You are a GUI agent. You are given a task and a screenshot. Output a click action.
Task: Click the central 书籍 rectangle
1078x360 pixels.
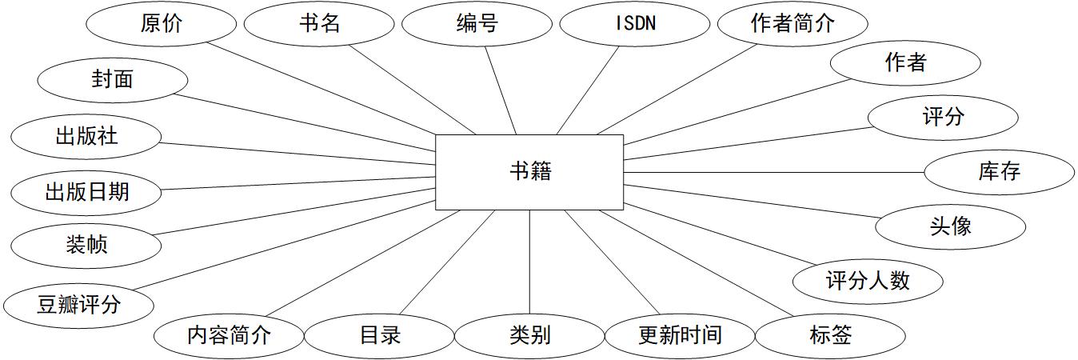529,172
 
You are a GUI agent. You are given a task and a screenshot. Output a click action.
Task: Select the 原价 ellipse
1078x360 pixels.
160,24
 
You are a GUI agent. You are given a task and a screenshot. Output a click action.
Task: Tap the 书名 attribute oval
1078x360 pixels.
317,24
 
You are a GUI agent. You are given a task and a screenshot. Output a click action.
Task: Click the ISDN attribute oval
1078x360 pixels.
634,24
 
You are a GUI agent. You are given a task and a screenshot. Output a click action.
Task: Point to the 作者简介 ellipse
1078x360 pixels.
792,24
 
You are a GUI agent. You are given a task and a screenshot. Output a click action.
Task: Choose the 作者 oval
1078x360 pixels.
905,62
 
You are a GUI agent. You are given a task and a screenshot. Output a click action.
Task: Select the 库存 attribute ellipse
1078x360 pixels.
999,171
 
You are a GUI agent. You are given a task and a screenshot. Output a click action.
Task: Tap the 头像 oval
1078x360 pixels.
950,226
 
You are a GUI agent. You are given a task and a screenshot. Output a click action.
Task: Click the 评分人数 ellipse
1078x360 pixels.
868,281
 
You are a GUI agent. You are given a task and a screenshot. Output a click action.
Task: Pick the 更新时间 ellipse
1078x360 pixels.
680,334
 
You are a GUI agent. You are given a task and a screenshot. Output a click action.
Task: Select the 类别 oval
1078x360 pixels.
529,334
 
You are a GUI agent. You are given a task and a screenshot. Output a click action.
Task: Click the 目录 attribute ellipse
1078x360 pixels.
379,334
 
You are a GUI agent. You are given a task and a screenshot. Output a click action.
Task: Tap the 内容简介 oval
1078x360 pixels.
229,334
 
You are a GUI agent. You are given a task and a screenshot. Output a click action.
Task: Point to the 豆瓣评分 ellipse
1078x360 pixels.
78,305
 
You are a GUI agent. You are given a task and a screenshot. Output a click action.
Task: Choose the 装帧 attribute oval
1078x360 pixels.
86,244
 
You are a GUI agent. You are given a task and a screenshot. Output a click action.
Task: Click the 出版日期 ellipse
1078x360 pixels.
86,192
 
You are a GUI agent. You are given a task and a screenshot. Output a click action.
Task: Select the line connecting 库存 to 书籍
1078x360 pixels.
773,172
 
